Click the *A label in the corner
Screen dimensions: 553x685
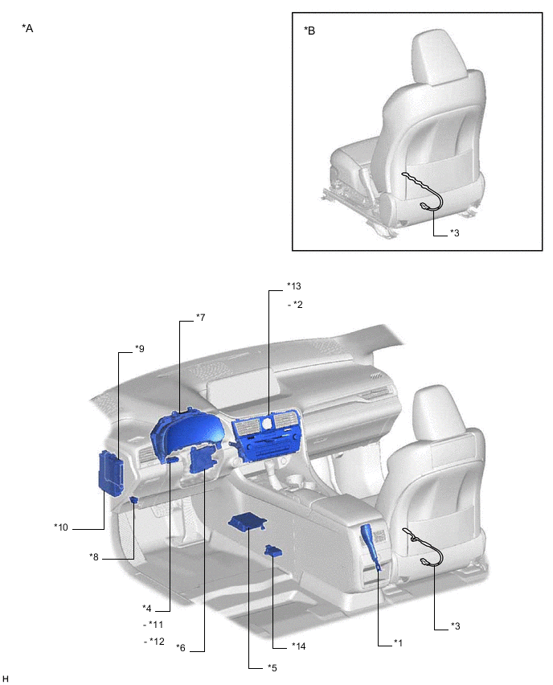pyautogui.click(x=27, y=28)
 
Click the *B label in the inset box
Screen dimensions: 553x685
pyautogui.click(x=309, y=31)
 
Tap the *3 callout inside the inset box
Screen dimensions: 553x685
pyautogui.click(x=454, y=233)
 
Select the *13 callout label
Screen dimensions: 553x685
pyautogui.click(x=294, y=286)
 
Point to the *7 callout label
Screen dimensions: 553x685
pyautogui.click(x=200, y=317)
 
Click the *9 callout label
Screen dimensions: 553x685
pyautogui.click(x=139, y=349)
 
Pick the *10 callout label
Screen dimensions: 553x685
pyautogui.click(x=61, y=527)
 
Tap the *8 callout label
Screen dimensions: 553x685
pyautogui.click(x=93, y=557)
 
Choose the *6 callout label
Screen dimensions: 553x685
pyautogui.click(x=181, y=648)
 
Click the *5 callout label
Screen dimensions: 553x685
pyautogui.click(x=272, y=668)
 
